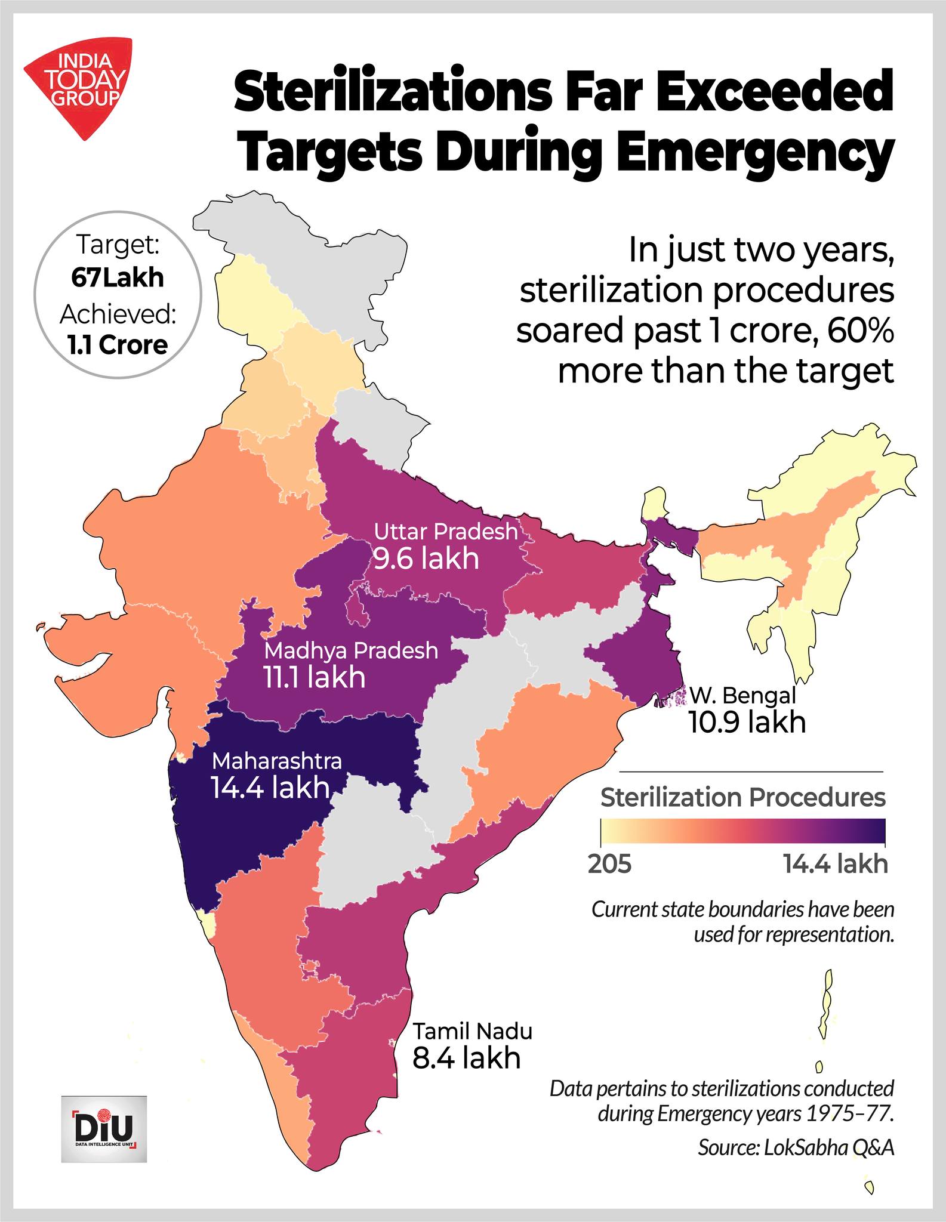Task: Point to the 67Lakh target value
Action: tap(118, 278)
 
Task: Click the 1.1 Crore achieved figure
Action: tap(118, 345)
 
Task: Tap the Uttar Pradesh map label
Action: tap(445, 532)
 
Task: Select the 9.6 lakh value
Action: tap(426, 559)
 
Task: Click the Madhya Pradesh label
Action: tap(352, 650)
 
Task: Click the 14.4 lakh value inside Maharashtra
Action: tap(270, 788)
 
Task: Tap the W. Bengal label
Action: tap(743, 695)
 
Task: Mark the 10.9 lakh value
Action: tap(747, 722)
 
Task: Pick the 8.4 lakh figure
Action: tap(467, 1058)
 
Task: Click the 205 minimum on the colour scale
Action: tap(610, 864)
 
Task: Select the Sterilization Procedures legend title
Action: tap(743, 797)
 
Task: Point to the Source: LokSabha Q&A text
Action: tap(796, 1148)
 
